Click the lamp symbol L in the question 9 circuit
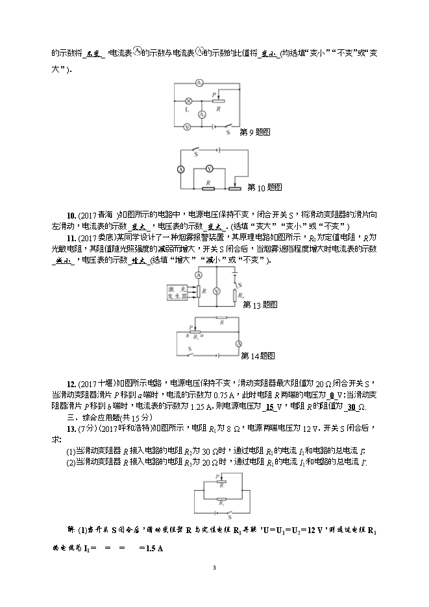pos(188,101)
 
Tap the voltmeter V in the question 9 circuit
pos(186,128)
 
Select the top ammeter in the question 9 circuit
pos(199,84)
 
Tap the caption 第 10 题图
pos(265,187)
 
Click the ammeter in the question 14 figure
pos(238,343)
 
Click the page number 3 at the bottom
pos(214,567)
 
